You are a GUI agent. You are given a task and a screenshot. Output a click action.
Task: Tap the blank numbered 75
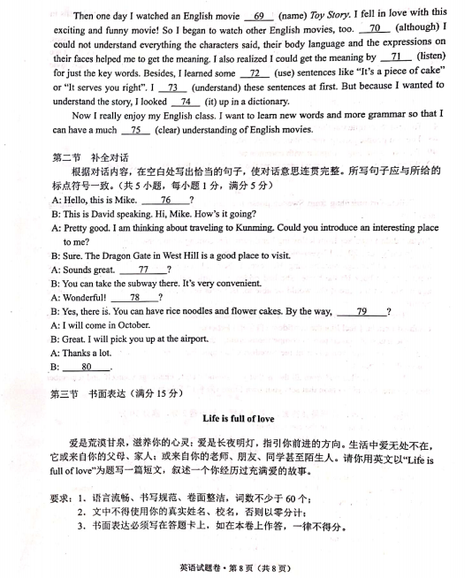pos(134,130)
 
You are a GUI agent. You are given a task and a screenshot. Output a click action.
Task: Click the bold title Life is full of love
pos(240,415)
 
